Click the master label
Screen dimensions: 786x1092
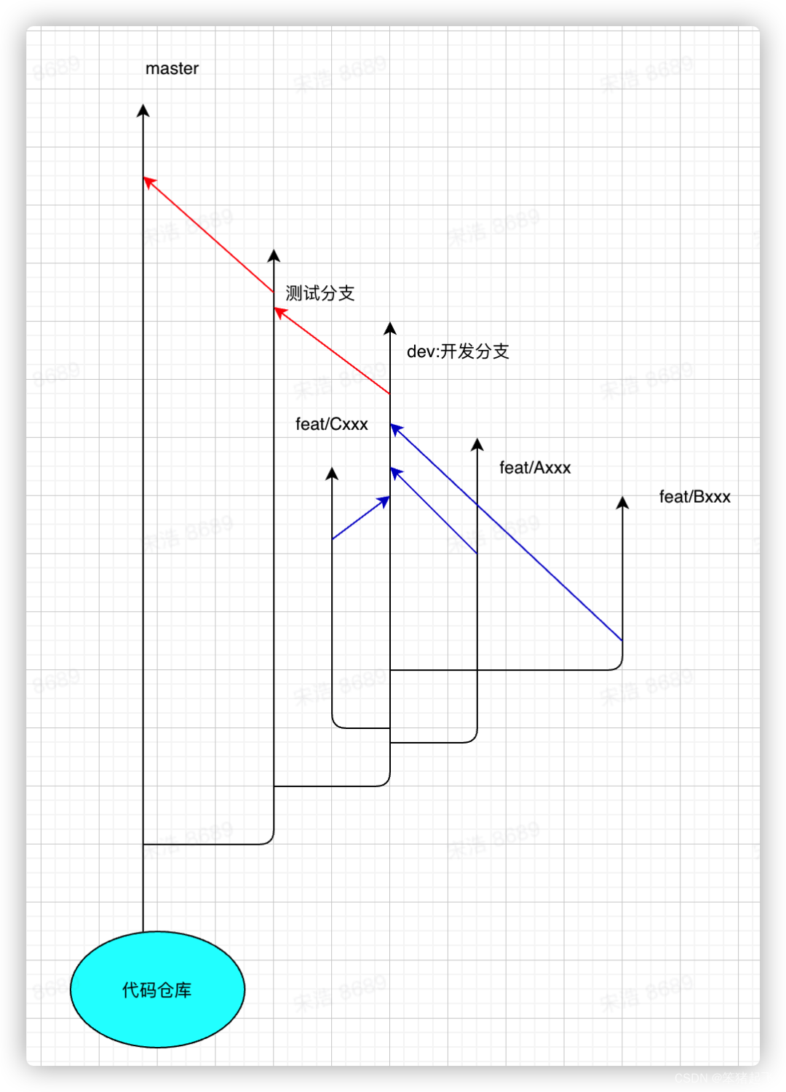click(172, 68)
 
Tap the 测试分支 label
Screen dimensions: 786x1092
click(319, 293)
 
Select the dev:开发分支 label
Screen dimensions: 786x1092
click(458, 351)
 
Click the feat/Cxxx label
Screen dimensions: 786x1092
click(331, 424)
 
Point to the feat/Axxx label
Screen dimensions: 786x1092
click(535, 468)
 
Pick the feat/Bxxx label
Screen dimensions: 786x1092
click(694, 497)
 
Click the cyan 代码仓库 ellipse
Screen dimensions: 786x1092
click(157, 989)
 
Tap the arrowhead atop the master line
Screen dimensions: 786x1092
click(143, 111)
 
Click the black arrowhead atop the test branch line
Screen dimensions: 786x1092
click(274, 256)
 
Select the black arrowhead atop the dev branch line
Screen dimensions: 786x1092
click(390, 329)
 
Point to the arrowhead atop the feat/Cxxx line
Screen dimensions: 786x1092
click(332, 474)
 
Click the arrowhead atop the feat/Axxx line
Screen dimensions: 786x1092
click(477, 445)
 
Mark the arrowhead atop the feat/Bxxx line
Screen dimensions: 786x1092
click(622, 503)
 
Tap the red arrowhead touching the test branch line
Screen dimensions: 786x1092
click(279, 312)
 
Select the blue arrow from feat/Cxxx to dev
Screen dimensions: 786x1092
click(361, 517)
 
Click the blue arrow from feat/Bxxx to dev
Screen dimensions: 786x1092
click(509, 535)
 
